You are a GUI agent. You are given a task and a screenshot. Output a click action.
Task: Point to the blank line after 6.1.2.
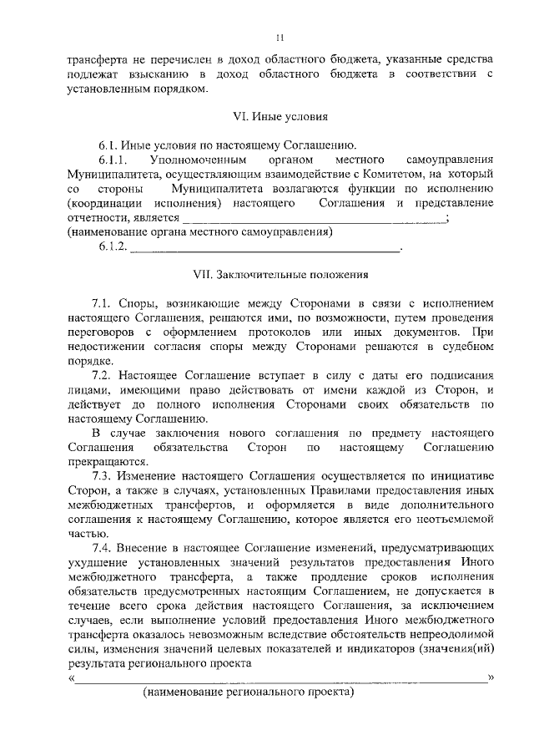(x=266, y=248)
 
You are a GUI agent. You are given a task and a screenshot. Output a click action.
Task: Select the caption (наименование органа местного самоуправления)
(x=199, y=232)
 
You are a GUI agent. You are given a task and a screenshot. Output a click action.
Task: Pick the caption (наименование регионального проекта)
(x=249, y=693)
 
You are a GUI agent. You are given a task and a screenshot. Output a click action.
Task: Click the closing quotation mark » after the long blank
(x=492, y=677)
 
